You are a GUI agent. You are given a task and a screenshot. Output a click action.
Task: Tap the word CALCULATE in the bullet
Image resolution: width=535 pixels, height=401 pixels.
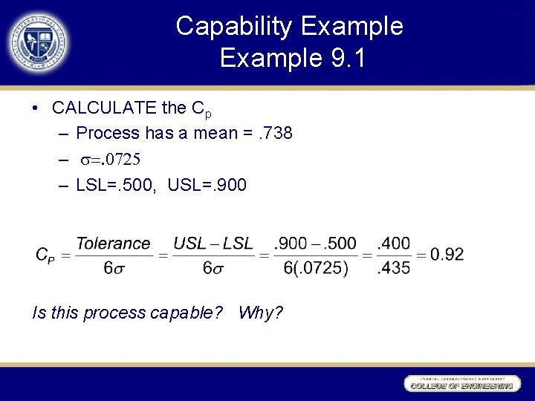pyautogui.click(x=105, y=108)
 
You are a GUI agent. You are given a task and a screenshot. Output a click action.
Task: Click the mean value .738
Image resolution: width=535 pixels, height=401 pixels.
pyautogui.click(x=273, y=134)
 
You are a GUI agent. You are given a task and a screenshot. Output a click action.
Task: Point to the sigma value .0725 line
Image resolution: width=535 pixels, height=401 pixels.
pyautogui.click(x=111, y=159)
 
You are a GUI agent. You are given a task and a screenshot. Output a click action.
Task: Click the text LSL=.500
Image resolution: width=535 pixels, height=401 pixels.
pyautogui.click(x=115, y=184)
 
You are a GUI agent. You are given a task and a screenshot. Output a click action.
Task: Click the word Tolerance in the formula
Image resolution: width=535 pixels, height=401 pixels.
pyautogui.click(x=113, y=244)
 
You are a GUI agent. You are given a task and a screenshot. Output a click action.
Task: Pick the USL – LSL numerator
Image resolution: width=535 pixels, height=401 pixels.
pyautogui.click(x=213, y=244)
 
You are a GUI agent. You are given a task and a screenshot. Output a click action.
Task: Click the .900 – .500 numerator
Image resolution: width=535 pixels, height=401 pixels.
pyautogui.click(x=315, y=244)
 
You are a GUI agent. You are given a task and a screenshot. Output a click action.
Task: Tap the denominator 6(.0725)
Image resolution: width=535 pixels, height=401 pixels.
pyautogui.click(x=315, y=268)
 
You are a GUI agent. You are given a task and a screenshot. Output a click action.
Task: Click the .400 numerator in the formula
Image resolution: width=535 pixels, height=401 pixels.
pyautogui.click(x=393, y=244)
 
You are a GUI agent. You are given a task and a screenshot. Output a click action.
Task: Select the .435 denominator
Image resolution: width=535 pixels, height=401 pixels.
pyautogui.click(x=393, y=268)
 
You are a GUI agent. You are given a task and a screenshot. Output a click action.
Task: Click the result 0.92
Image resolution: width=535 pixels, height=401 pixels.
pyautogui.click(x=447, y=255)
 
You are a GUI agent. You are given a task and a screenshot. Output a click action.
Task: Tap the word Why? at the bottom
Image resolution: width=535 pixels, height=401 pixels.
pyautogui.click(x=260, y=313)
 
